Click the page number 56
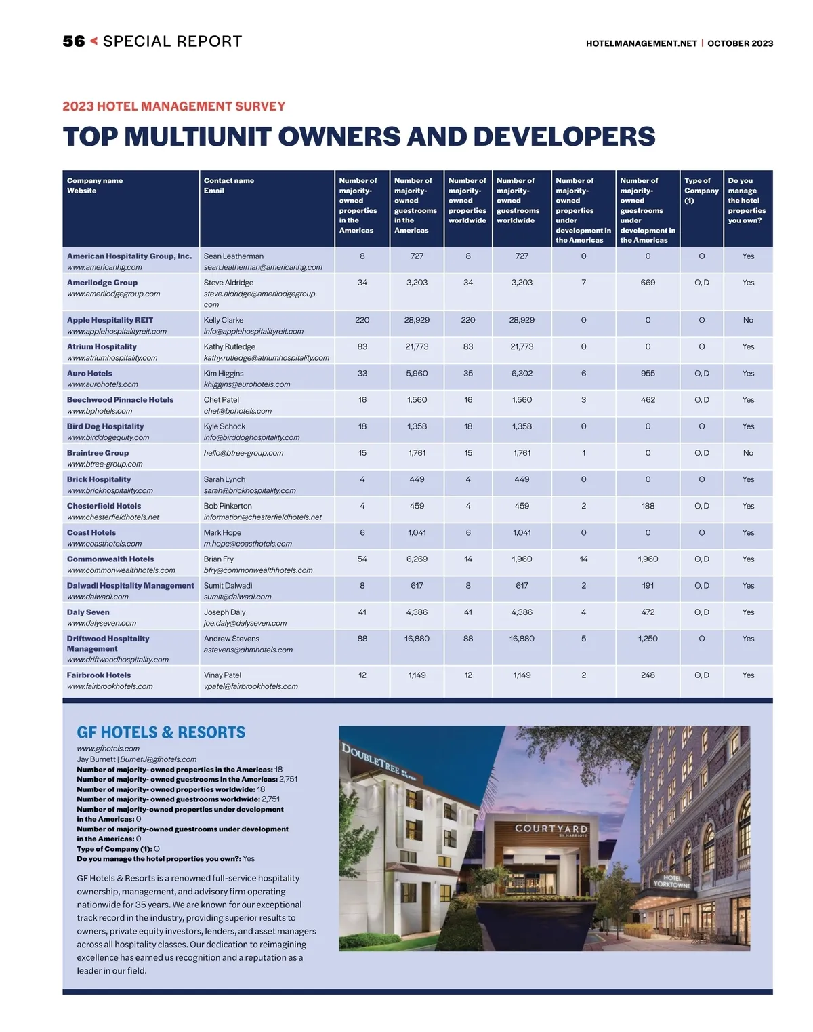point(74,41)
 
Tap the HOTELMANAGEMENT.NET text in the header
point(641,43)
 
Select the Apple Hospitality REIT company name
point(110,320)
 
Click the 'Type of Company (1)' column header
point(701,191)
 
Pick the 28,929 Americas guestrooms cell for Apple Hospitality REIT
point(417,320)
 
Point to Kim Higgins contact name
point(224,374)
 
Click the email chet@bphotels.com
point(237,411)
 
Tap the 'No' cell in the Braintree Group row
point(747,453)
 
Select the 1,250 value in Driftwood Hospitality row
point(648,639)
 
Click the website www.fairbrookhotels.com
point(110,686)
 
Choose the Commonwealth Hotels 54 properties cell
point(362,559)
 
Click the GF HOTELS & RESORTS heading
point(161,732)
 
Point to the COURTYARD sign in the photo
point(551,829)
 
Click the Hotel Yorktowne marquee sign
point(671,881)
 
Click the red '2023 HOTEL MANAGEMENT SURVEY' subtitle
point(174,106)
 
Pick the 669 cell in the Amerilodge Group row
point(648,283)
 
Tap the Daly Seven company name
point(88,612)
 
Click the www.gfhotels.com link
point(108,749)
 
